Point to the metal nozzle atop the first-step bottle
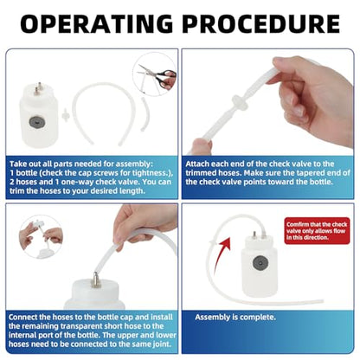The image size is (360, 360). tap(37, 88)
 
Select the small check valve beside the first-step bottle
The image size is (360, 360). tap(66, 115)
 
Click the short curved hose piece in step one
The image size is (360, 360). tap(144, 114)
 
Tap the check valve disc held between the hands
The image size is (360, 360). tap(239, 103)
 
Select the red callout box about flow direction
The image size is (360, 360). tap(317, 231)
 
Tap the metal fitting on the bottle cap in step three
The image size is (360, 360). tap(94, 279)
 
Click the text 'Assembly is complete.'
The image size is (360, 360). tap(235, 318)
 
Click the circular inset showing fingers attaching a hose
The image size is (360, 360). tap(41, 236)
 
